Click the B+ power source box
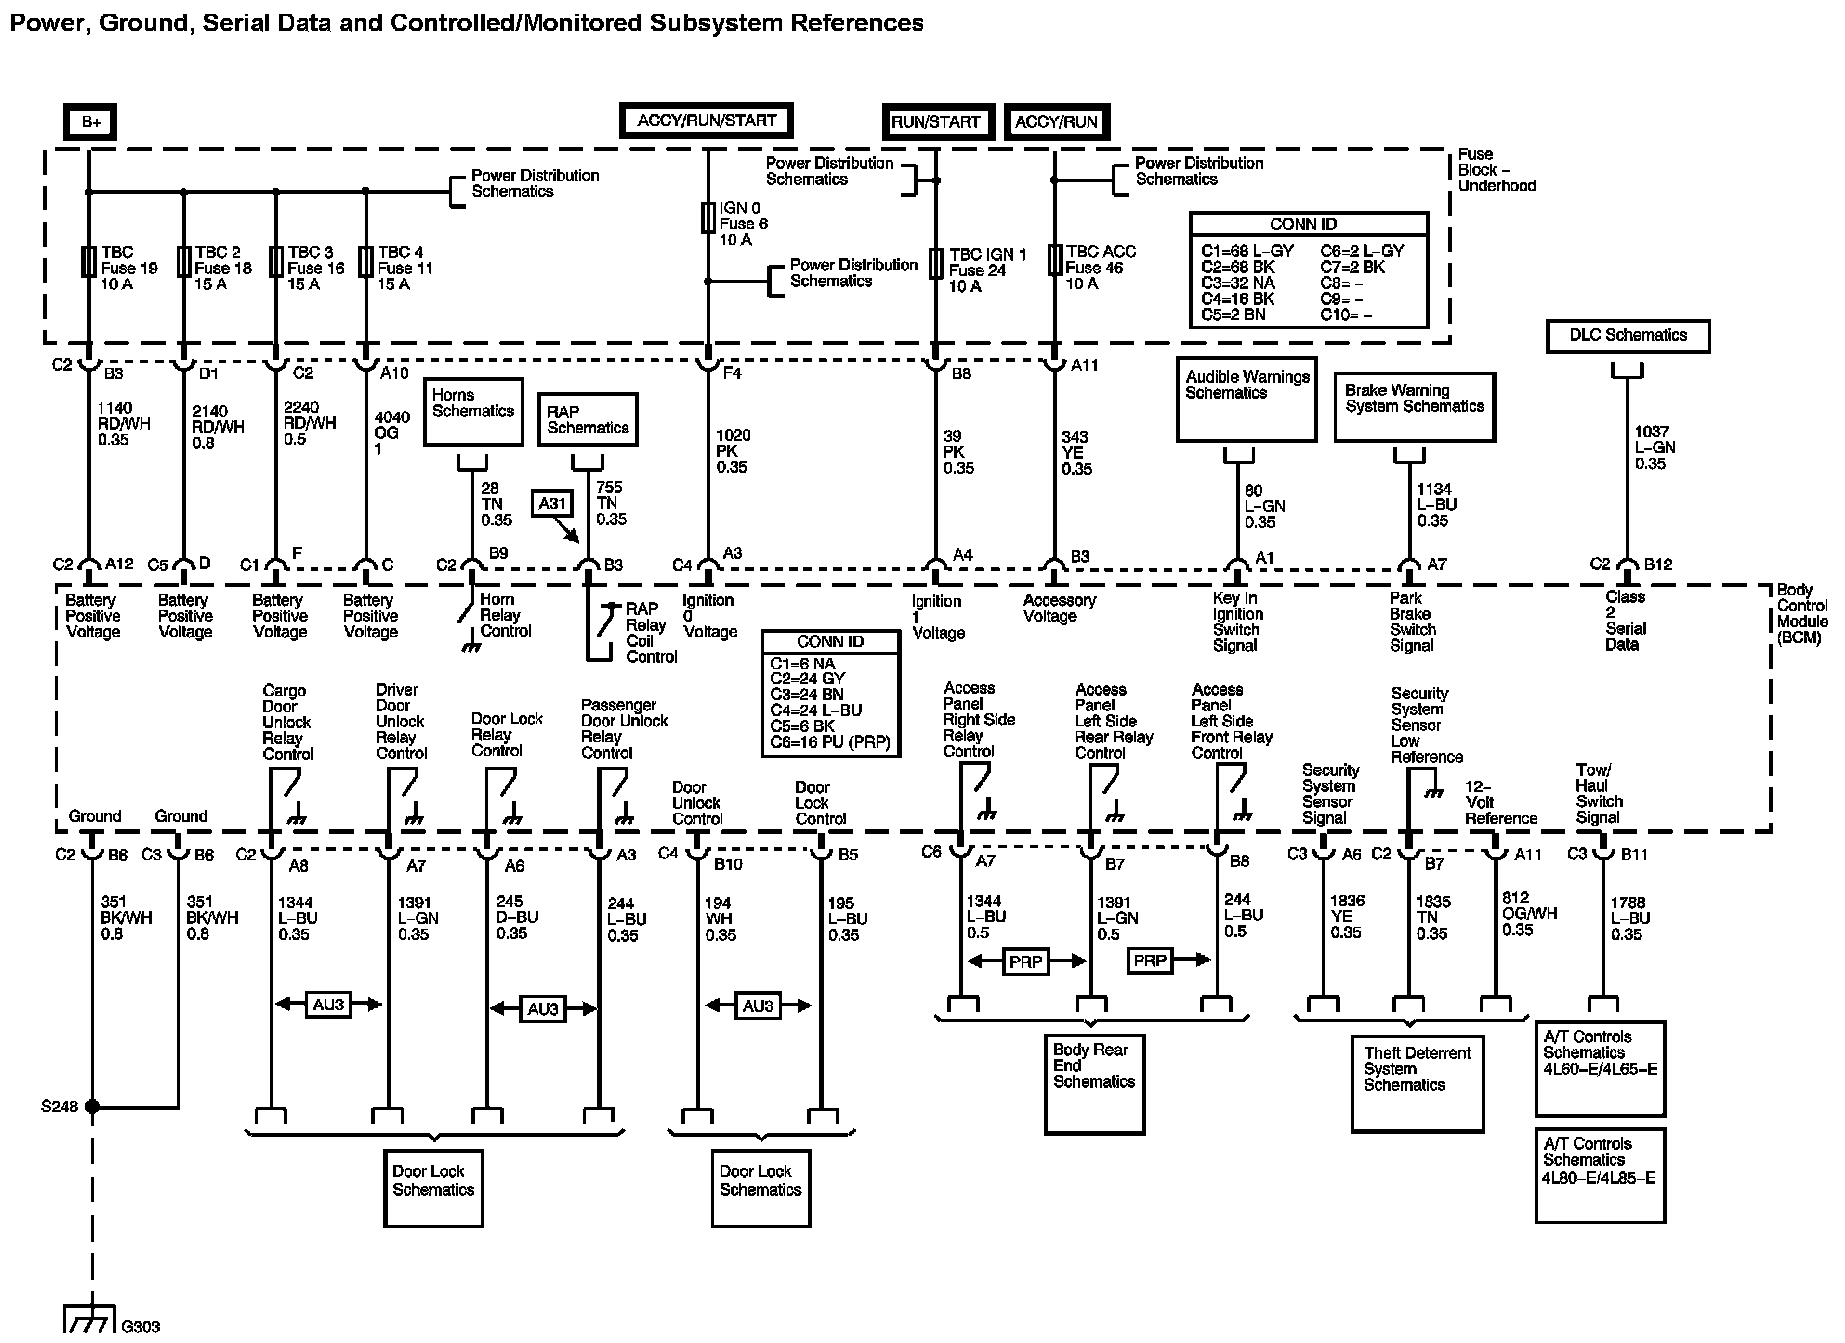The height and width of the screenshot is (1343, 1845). point(90,122)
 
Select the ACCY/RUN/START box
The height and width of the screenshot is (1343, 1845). point(706,121)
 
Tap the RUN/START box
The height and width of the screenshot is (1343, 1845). point(936,122)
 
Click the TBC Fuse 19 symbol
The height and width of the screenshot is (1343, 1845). point(89,263)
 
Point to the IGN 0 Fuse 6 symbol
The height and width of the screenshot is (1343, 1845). point(708,218)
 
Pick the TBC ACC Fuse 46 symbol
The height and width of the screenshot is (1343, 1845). point(1055,260)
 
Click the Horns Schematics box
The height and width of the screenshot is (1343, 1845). point(473,410)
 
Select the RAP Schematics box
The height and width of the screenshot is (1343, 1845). point(588,420)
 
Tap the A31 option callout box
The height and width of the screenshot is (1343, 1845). point(553,504)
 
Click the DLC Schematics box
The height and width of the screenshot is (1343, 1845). point(1627,336)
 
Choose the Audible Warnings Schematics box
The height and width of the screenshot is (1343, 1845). point(1246,398)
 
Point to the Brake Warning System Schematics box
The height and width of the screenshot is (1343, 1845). point(1414,406)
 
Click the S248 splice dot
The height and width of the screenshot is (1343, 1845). point(92,1107)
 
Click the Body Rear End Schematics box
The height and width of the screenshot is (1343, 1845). point(1093,1083)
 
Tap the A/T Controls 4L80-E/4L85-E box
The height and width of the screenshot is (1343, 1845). point(1599,1174)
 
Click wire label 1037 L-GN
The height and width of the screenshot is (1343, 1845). point(1655,448)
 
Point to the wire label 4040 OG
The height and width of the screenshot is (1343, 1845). point(385,433)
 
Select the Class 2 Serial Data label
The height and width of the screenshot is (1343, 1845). point(1625,621)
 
